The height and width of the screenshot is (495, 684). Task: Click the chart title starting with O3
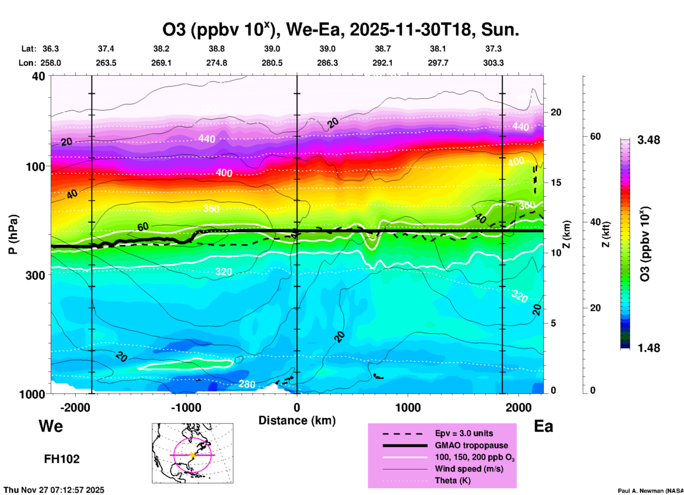tap(341, 29)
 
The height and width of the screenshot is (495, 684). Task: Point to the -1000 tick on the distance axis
tap(186, 407)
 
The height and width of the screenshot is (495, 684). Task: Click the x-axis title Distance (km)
tap(297, 420)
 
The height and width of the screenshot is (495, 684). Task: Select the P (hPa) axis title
tap(13, 234)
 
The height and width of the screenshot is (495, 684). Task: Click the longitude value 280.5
tap(272, 63)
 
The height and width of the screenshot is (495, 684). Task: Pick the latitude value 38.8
tap(217, 49)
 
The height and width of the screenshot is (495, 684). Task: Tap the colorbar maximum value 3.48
tap(648, 140)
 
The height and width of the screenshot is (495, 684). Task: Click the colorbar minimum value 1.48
tap(648, 348)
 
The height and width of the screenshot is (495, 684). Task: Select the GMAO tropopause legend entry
tap(471, 445)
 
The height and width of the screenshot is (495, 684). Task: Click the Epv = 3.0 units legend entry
tap(464, 433)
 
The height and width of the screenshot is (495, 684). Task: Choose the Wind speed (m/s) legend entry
tap(469, 469)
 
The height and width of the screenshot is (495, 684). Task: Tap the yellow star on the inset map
tap(192, 455)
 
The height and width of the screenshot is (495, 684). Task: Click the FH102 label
tap(62, 459)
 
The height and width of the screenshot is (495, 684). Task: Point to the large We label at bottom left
tap(51, 426)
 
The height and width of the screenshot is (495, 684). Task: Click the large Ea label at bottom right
tap(543, 426)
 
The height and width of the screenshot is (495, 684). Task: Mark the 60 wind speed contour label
tap(143, 227)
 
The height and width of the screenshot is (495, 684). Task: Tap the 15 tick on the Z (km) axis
tap(556, 183)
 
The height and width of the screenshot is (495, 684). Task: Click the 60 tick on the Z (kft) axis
tap(596, 136)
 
